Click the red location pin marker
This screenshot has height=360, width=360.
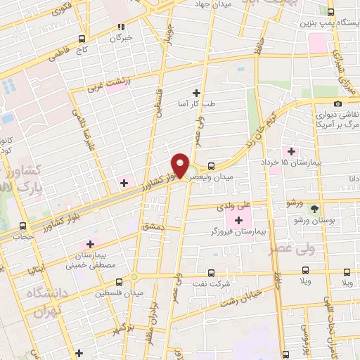pyautogui.click(x=181, y=165)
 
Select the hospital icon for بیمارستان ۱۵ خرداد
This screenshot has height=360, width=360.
pyautogui.click(x=291, y=152)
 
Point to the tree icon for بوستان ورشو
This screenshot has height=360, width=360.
pyautogui.click(x=314, y=209)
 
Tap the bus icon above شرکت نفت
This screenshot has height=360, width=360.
pyautogui.click(x=212, y=274)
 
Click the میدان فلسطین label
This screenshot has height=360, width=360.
pyautogui.click(x=121, y=292)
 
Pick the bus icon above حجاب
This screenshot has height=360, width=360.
pyautogui.click(x=23, y=226)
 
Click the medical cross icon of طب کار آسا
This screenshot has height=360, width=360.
pyautogui.click(x=196, y=93)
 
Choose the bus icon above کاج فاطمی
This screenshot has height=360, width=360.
pyautogui.click(x=82, y=39)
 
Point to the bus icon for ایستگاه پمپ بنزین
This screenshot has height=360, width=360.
pyautogui.click(x=331, y=12)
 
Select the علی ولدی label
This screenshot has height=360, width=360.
pyautogui.click(x=234, y=207)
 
